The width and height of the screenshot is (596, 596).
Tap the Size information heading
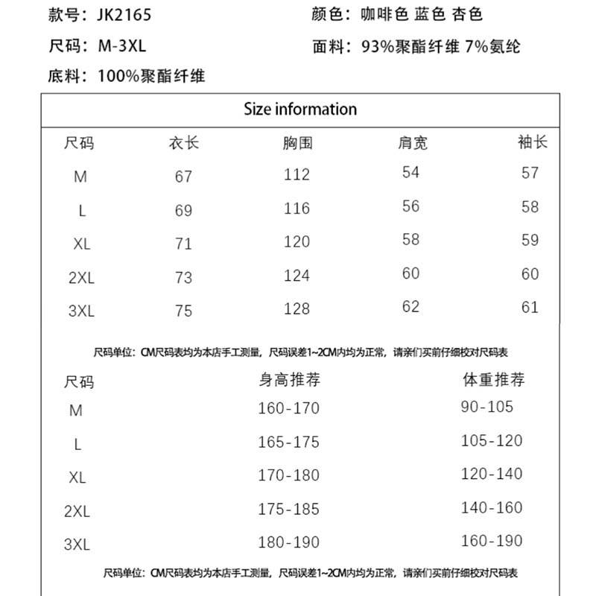click(x=300, y=110)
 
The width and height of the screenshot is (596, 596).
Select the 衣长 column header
click(x=183, y=142)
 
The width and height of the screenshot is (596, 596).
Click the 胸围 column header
click(x=297, y=142)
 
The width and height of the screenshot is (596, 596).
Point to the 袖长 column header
click(x=532, y=142)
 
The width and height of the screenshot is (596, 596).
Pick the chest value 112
click(x=297, y=175)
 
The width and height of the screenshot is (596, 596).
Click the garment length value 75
click(x=183, y=311)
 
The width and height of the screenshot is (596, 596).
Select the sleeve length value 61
click(x=530, y=306)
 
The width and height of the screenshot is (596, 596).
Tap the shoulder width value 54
click(x=410, y=172)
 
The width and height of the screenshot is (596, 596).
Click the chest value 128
click(x=297, y=308)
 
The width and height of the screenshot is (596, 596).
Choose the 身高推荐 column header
click(x=289, y=380)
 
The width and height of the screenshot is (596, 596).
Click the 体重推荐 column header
click(x=493, y=380)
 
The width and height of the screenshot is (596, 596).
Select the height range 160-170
click(x=288, y=408)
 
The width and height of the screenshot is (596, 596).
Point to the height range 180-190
click(x=288, y=542)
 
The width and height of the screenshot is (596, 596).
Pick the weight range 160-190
click(x=492, y=541)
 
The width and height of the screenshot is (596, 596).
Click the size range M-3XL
click(x=122, y=45)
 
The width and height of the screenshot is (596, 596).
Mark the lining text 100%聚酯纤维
click(x=151, y=76)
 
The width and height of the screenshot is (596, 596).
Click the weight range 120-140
click(x=492, y=474)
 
